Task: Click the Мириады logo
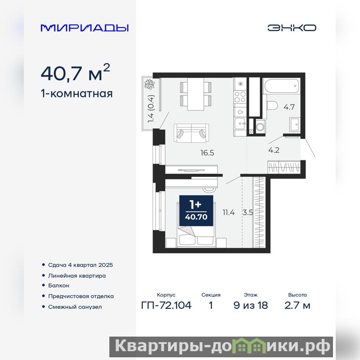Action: pyautogui.click(x=85, y=28)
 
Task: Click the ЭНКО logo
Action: pyautogui.click(x=292, y=28)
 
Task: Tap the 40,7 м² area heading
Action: pyautogui.click(x=75, y=72)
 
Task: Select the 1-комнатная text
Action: pyautogui.click(x=76, y=94)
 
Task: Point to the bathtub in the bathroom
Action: pyautogui.click(x=282, y=86)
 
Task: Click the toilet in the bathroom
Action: pyautogui.click(x=272, y=106)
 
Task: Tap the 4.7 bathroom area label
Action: pyautogui.click(x=289, y=107)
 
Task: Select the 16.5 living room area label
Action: pyautogui.click(x=207, y=153)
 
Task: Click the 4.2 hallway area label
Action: pyautogui.click(x=274, y=150)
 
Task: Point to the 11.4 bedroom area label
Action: pyautogui.click(x=229, y=212)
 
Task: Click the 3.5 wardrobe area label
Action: pyautogui.click(x=248, y=212)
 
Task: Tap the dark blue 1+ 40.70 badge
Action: pyautogui.click(x=196, y=211)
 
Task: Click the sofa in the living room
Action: pyautogui.click(x=192, y=133)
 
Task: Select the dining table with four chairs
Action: pyautogui.click(x=196, y=94)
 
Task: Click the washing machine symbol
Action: pyautogui.click(x=261, y=126)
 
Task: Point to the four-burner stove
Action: pyautogui.click(x=240, y=97)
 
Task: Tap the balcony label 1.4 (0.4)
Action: pyautogui.click(x=151, y=109)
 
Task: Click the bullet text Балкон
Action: pyautogui.click(x=58, y=285)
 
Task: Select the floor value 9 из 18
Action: pyautogui.click(x=251, y=306)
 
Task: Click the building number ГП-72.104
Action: pyautogui.click(x=166, y=306)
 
